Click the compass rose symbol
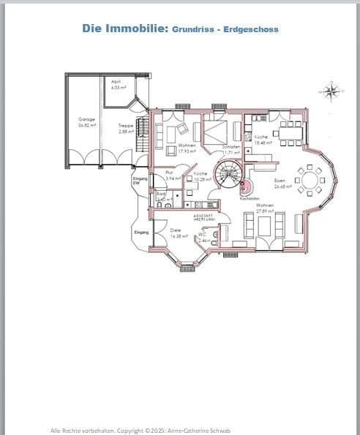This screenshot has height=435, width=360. point(331,91)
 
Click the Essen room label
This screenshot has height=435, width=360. point(280,181)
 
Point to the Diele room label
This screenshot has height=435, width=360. point(176,230)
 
